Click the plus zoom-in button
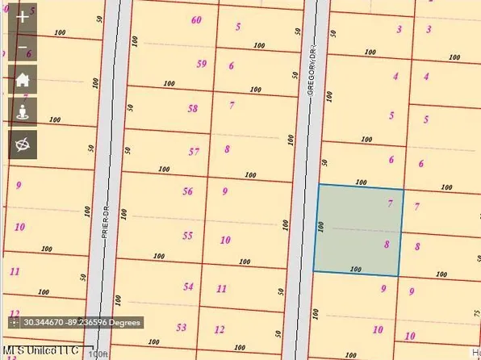[x=23, y=18]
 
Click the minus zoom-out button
[x=23, y=47]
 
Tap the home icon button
[x=23, y=80]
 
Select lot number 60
[x=197, y=19]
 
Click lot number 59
[x=201, y=64]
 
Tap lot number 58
[x=192, y=108]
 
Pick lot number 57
[x=194, y=151]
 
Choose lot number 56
[x=188, y=191]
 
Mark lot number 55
[x=188, y=236]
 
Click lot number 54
[x=188, y=287]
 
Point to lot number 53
[x=182, y=327]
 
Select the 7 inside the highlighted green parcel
[x=390, y=203]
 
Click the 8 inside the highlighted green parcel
[x=387, y=244]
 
